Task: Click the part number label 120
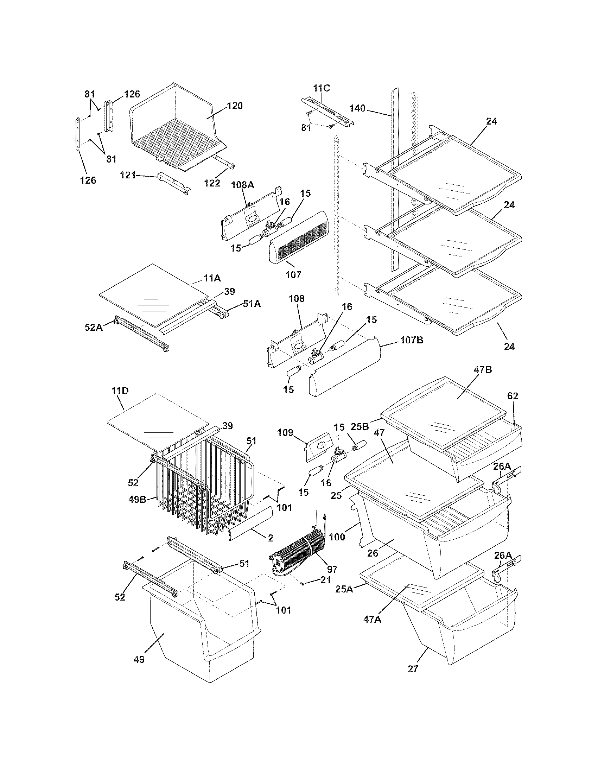[x=235, y=106]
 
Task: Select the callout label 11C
[x=321, y=88]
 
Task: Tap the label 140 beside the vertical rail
[x=357, y=108]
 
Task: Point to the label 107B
[x=411, y=340]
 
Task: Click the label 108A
[x=243, y=185]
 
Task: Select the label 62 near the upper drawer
[x=513, y=396]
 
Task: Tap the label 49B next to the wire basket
[x=138, y=500]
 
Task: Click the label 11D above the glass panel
[x=120, y=391]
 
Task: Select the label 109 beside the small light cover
[x=285, y=432]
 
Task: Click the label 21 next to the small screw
[x=326, y=580]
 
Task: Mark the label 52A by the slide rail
[x=94, y=327]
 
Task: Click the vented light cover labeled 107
[x=298, y=241]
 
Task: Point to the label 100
[x=337, y=537]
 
